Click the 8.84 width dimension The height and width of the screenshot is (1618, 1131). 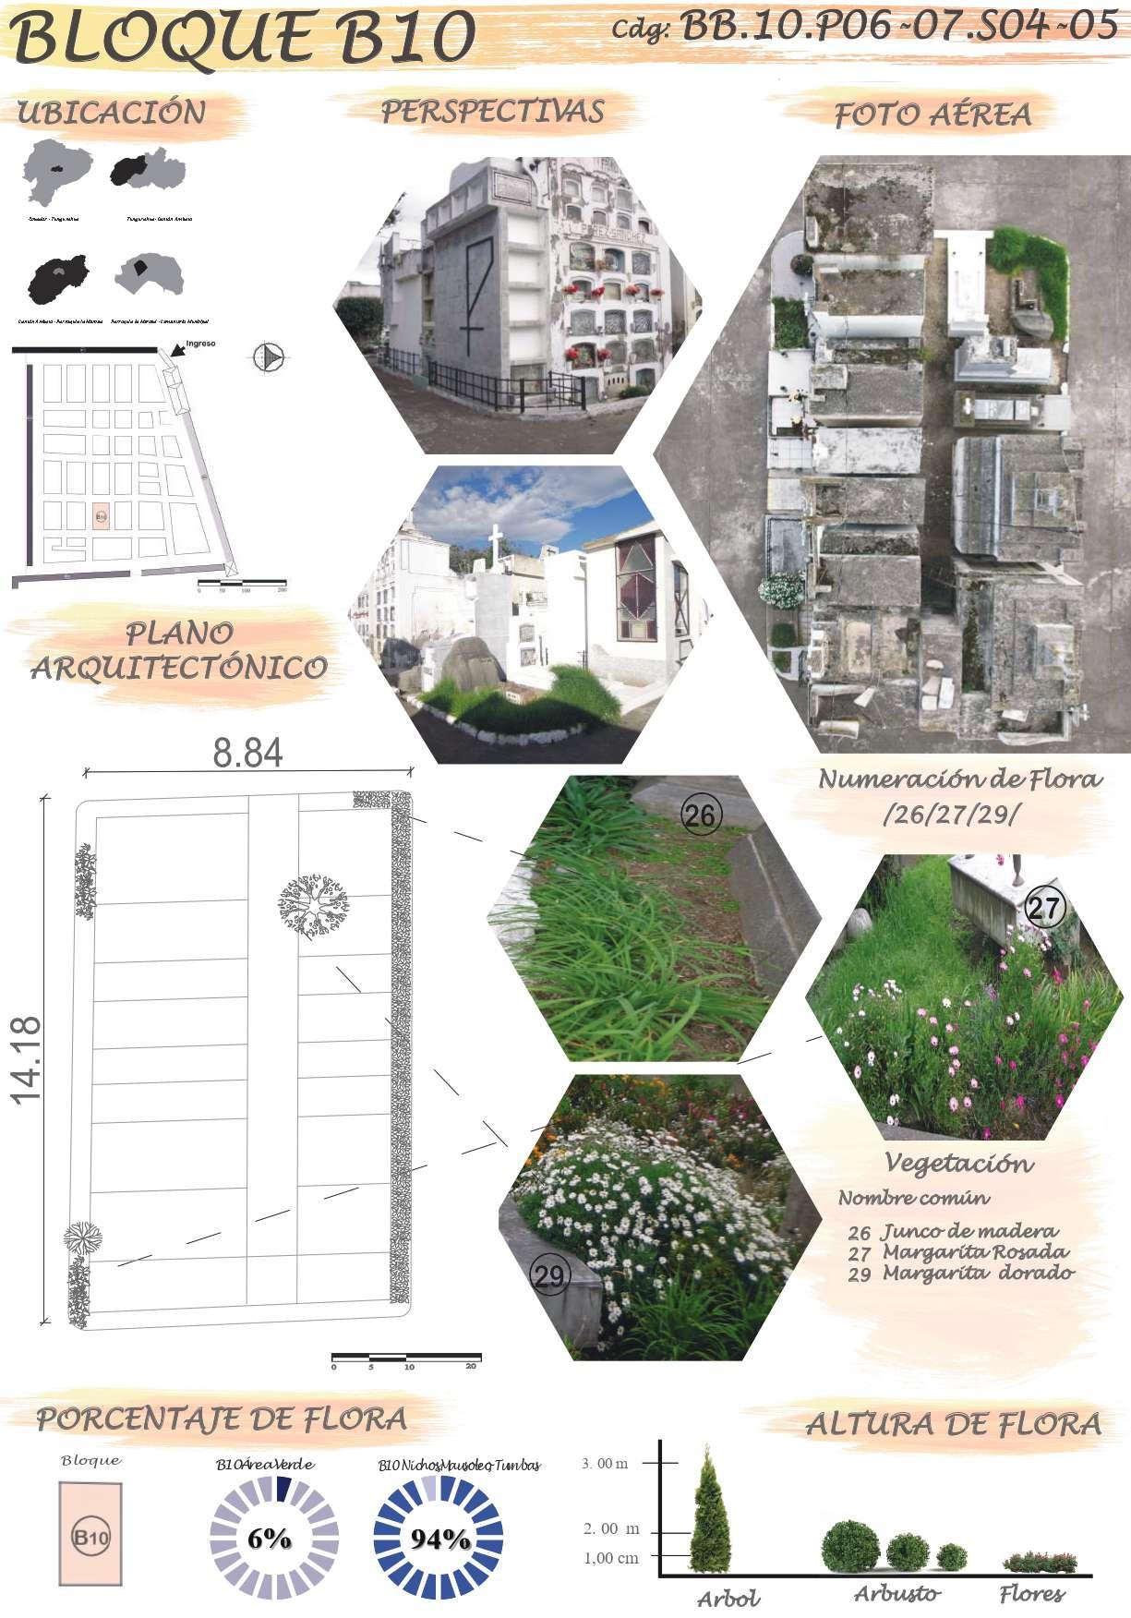coord(247,753)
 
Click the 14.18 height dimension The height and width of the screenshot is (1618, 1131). coord(28,1059)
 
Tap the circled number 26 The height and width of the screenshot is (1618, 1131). coord(701,814)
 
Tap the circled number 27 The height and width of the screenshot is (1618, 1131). coord(1044,909)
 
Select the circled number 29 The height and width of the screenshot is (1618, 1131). coord(549,1276)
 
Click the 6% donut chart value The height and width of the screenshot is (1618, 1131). coord(269,1539)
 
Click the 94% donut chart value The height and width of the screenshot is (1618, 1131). coord(439,1540)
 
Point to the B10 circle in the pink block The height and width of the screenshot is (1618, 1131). coord(90,1539)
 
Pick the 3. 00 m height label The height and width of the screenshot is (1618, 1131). coord(605,1464)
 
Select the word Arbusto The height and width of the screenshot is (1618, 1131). coord(896,1593)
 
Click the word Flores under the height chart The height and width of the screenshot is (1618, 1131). coord(1031,1593)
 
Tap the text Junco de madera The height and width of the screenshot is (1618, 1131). coord(969,1231)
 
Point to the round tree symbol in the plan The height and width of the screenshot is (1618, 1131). coord(313,904)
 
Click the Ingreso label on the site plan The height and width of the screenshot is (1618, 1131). coord(200,344)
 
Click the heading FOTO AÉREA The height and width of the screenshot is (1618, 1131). coord(932,115)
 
